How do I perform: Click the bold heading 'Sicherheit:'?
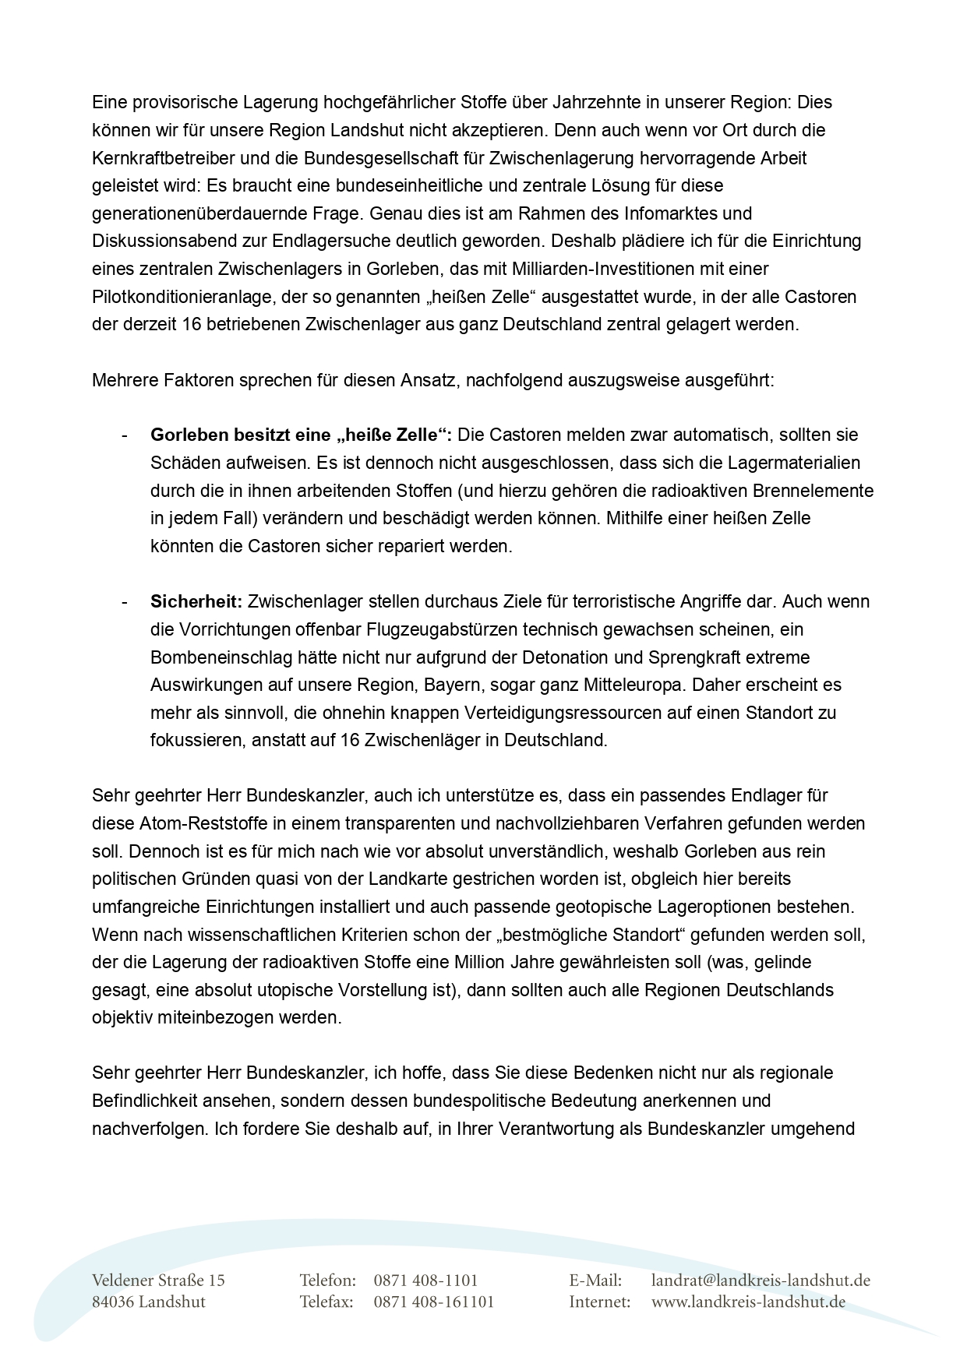click(x=196, y=601)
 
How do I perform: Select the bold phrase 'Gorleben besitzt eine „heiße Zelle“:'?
click(x=302, y=435)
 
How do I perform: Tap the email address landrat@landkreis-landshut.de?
click(x=761, y=1281)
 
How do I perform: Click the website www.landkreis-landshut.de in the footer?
click(x=748, y=1302)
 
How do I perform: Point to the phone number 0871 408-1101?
click(x=425, y=1281)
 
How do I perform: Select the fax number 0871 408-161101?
click(x=434, y=1302)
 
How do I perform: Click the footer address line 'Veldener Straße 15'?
click(x=158, y=1281)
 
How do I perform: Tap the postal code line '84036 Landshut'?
click(x=148, y=1302)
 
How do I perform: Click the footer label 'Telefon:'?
click(x=328, y=1281)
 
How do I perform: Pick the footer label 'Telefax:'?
click(x=326, y=1302)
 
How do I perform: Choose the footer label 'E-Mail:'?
click(x=595, y=1281)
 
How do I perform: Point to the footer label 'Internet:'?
click(x=599, y=1302)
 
